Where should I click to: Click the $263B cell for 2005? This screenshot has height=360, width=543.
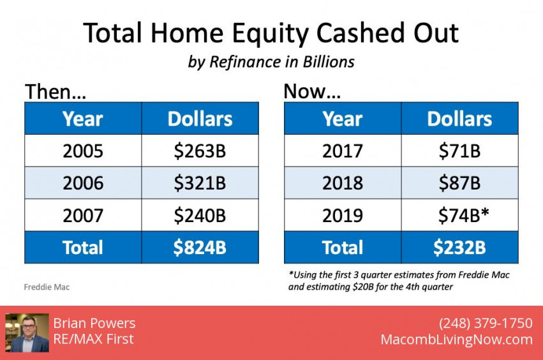tap(200, 151)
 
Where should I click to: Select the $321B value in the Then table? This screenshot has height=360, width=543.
tap(200, 183)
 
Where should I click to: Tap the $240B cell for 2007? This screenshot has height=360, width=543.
tap(200, 215)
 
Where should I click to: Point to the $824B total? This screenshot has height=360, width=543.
tap(200, 248)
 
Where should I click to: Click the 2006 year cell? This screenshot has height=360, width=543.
tap(83, 183)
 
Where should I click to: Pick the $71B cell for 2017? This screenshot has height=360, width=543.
tap(459, 151)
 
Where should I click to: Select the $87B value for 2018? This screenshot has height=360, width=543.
tap(459, 183)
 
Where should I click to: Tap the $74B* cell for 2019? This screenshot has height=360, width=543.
tap(459, 215)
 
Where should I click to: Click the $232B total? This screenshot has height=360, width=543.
tap(459, 248)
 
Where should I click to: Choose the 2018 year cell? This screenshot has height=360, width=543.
tap(343, 183)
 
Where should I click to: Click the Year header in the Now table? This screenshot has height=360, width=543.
tap(343, 119)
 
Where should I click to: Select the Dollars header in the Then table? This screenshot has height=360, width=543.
tap(200, 119)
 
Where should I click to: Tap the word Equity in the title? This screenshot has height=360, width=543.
tap(270, 34)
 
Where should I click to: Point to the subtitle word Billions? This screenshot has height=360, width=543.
tap(329, 62)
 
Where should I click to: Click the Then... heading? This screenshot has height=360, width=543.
tap(56, 92)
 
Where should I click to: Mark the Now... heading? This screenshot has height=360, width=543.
tap(312, 91)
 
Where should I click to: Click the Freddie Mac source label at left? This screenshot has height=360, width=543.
tap(47, 287)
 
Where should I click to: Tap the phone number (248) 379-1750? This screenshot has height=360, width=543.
tap(486, 323)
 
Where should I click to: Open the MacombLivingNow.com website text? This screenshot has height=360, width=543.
tap(456, 340)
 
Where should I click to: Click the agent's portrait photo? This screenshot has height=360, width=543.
tap(27, 333)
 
